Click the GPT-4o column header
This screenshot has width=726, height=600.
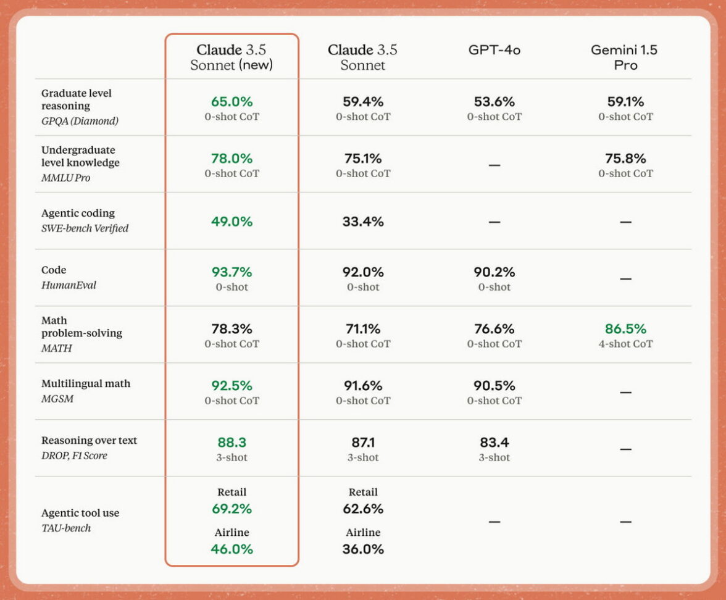(494, 50)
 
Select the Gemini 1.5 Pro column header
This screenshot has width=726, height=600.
(625, 57)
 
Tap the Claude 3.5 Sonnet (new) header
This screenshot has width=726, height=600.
(232, 57)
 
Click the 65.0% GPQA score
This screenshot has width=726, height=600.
(232, 102)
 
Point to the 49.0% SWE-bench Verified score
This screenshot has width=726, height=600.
(232, 222)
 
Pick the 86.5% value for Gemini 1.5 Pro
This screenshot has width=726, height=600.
(625, 329)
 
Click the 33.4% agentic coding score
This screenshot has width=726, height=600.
(363, 222)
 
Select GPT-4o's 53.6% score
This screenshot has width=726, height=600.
(494, 102)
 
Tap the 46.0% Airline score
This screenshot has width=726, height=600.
(232, 549)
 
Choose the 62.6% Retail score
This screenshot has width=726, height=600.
(363, 509)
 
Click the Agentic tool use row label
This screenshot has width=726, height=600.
(80, 513)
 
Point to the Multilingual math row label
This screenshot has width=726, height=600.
(86, 383)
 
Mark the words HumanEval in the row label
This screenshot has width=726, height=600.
(69, 285)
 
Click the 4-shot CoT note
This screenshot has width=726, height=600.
(625, 344)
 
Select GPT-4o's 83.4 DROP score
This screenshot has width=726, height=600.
(494, 443)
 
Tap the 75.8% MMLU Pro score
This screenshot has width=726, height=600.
(625, 159)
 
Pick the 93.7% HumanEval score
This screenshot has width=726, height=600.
(232, 272)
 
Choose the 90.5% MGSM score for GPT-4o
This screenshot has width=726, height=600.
(494, 386)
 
